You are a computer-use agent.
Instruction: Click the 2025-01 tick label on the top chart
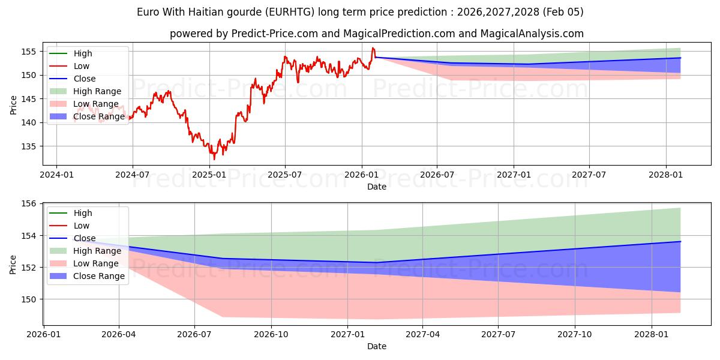click(x=209, y=175)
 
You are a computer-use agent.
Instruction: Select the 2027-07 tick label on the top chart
click(x=589, y=175)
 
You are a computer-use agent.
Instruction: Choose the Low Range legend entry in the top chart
click(x=95, y=104)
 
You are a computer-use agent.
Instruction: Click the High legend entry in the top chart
click(x=83, y=53)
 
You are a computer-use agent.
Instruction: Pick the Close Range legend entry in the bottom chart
click(x=98, y=276)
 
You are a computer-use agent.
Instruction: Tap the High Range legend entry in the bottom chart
click(x=97, y=251)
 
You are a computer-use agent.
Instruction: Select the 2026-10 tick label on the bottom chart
click(x=271, y=334)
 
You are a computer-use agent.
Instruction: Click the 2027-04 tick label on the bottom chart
click(x=422, y=334)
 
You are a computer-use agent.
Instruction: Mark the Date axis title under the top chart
click(x=377, y=187)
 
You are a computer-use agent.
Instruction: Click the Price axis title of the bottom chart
click(x=13, y=264)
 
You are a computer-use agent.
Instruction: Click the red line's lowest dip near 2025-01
click(x=214, y=159)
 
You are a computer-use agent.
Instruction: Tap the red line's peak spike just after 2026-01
click(x=373, y=48)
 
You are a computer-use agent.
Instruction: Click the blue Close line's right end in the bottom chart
click(x=680, y=242)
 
